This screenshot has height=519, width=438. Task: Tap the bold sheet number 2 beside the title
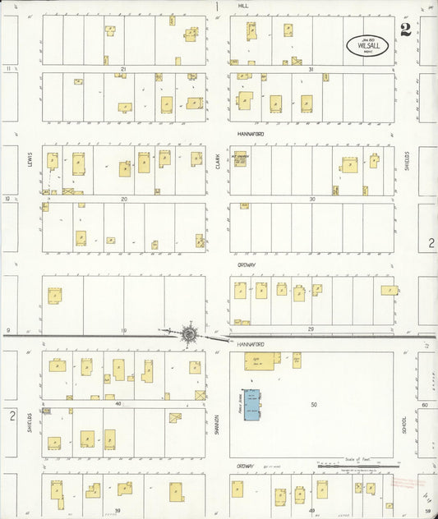coord(406,31)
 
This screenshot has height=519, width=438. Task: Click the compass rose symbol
coord(189,333)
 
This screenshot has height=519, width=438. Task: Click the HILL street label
coord(243,5)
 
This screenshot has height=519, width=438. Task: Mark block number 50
coord(313,405)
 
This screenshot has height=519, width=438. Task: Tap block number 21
coord(122,69)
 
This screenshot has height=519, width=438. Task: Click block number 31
coord(311,69)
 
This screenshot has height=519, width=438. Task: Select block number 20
coord(123,199)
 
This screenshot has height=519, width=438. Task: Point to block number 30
coord(311,199)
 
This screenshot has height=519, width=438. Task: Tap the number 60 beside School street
coord(424,405)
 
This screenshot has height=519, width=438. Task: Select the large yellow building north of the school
coord(261,360)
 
